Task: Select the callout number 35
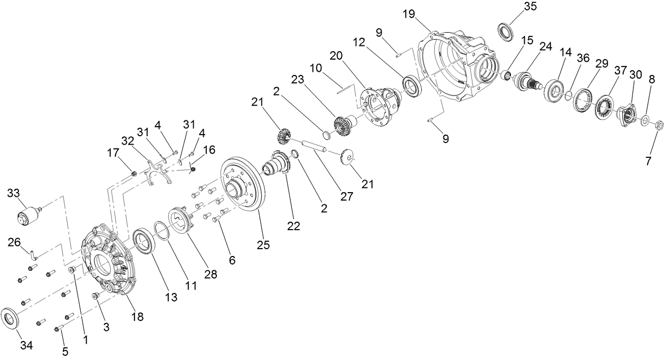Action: (x=529, y=7)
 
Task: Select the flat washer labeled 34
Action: (x=12, y=317)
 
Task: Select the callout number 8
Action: (x=652, y=80)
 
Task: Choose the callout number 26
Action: (x=15, y=242)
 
